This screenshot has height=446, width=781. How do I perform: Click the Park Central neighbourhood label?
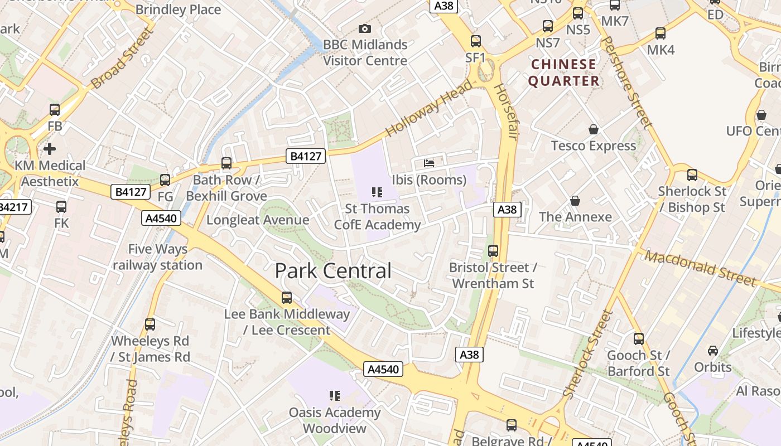(333, 271)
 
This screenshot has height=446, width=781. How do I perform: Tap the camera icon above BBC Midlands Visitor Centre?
(364, 28)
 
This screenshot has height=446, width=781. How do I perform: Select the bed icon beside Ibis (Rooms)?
(428, 163)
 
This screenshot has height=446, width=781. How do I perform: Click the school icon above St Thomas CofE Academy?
(377, 192)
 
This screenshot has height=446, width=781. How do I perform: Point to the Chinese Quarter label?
(563, 72)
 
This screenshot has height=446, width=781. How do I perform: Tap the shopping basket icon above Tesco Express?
(593, 129)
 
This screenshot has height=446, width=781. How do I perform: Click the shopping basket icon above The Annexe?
(575, 201)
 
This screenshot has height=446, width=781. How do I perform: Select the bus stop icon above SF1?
(475, 41)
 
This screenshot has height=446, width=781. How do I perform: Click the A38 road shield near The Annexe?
(507, 210)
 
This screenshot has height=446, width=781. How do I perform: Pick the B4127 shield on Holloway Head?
(306, 156)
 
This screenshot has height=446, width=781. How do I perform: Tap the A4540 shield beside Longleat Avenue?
(161, 218)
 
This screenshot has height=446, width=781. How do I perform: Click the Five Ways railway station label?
(157, 257)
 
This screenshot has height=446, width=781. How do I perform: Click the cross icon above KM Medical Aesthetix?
(50, 149)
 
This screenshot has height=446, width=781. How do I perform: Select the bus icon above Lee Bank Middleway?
(286, 298)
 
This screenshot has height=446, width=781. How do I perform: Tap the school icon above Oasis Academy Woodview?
(334, 396)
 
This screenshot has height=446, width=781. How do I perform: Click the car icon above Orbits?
(712, 351)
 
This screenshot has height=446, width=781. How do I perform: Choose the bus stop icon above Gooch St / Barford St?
(638, 338)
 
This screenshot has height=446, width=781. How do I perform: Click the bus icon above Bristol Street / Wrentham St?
(493, 251)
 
